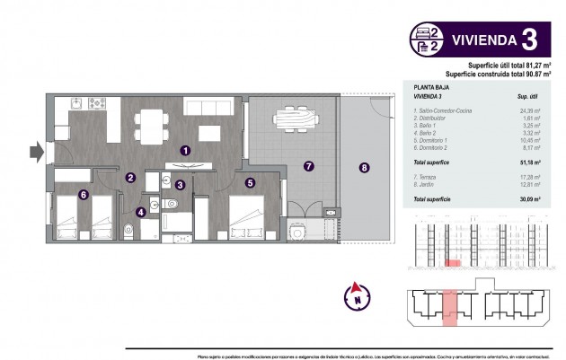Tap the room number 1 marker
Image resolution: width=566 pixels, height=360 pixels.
click(x=184, y=152)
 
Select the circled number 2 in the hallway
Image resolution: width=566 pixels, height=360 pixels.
click(x=130, y=178)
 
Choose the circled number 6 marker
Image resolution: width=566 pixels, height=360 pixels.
click(x=308, y=166)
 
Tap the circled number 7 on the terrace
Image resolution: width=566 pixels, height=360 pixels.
click(x=364, y=167)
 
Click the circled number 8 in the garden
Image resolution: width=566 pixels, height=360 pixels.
click(x=357, y=291)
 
